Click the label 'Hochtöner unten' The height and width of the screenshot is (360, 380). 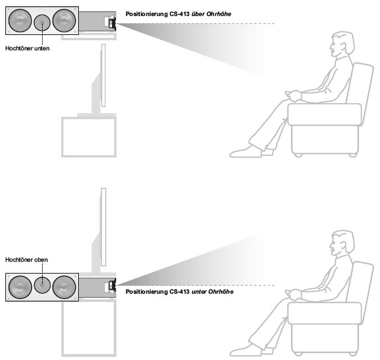point(27,49)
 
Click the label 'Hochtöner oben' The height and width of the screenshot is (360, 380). point(26,259)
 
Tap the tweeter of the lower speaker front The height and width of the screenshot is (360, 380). point(43,285)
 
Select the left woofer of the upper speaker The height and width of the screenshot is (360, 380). point(20,21)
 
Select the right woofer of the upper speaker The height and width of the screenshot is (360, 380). point(65,21)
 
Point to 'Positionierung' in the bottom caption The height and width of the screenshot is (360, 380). point(146,292)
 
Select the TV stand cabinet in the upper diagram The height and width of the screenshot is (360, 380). point(90,137)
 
